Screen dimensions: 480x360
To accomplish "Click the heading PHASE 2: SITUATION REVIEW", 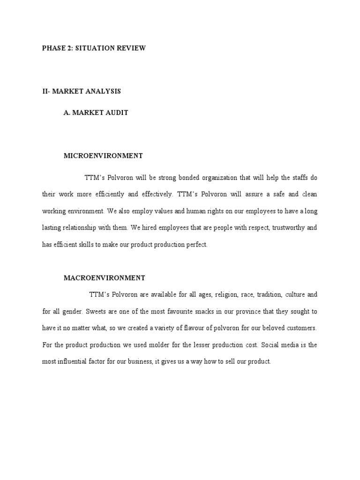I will (x=94, y=48).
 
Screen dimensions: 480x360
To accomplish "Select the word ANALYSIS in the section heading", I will (x=104, y=91).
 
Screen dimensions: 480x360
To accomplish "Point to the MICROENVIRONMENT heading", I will (x=103, y=155).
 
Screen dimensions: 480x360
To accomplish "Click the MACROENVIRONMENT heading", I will (x=104, y=278).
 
